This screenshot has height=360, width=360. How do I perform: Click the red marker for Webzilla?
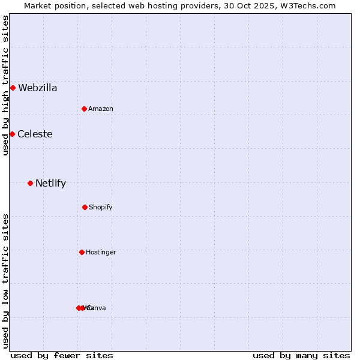tap(13, 88)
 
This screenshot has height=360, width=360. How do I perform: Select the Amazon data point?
tap(84, 109)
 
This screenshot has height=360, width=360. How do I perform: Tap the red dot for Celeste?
tap(12, 134)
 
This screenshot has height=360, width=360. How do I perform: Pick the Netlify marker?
tap(30, 183)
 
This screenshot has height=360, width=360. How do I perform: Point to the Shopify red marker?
tap(85, 207)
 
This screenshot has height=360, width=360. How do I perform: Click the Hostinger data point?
tap(82, 252)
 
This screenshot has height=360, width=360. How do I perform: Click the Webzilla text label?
tap(38, 88)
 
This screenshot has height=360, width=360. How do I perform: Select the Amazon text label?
tap(101, 109)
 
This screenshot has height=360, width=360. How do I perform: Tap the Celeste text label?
tap(35, 134)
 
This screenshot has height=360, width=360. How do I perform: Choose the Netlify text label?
tap(50, 184)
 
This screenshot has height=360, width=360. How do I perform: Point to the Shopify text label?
tap(101, 207)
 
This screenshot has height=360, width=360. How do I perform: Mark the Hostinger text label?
tap(101, 252)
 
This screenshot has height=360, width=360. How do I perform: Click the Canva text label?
tap(97, 308)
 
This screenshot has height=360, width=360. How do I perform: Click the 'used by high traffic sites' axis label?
tap(5, 85)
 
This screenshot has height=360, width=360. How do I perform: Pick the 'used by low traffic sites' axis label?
tap(5, 281)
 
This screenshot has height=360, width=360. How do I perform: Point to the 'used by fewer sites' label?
tap(62, 355)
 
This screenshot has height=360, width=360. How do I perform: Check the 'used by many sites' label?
tap(301, 355)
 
